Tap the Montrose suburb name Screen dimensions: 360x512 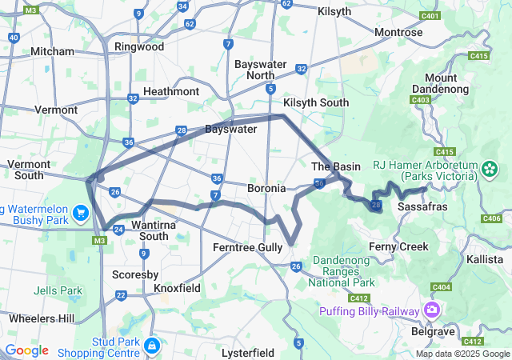click(x=399, y=32)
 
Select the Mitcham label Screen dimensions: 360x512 click(x=52, y=51)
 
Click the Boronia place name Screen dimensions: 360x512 click(x=266, y=188)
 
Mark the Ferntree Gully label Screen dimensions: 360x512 click(x=247, y=248)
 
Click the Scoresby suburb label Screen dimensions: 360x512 click(x=134, y=274)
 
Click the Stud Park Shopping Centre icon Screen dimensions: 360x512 click(x=151, y=346)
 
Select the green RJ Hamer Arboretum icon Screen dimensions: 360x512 click(x=490, y=170)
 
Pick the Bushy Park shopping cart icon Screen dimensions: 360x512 click(x=81, y=213)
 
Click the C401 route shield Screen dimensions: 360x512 click(x=430, y=15)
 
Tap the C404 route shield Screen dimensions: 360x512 click(x=441, y=286)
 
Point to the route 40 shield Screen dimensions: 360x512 click(x=14, y=38)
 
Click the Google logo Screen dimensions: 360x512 click(x=26, y=350)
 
